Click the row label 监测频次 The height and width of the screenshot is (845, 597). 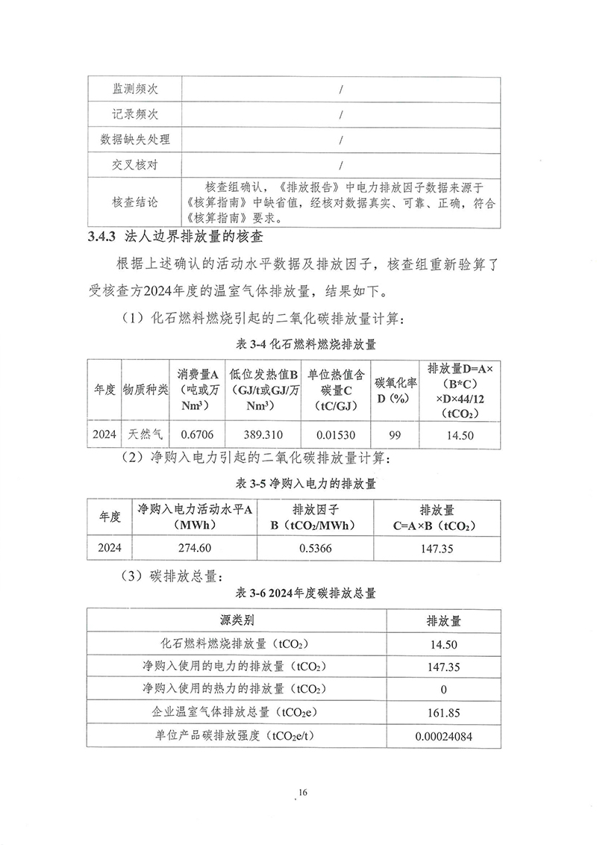pos(135,89)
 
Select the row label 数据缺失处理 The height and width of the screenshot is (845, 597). pos(135,140)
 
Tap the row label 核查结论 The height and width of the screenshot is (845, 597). pos(135,202)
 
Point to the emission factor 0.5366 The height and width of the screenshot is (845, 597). pos(316,548)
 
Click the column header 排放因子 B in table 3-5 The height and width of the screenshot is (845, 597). pos(316,517)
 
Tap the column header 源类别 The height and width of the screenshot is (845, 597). pos(237,620)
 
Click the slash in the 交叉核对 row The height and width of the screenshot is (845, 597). pos(340,165)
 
